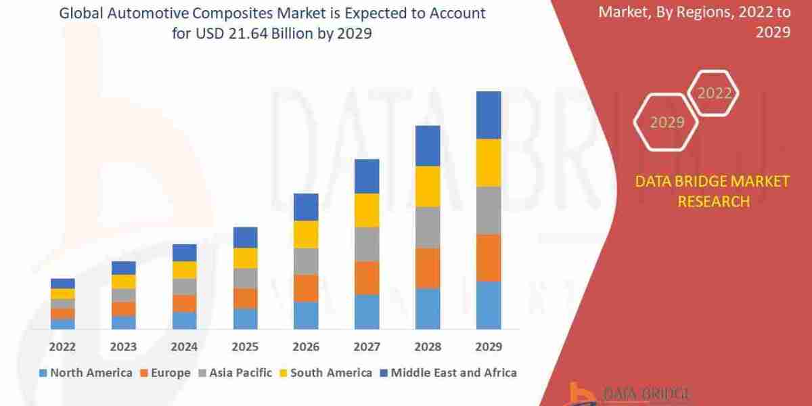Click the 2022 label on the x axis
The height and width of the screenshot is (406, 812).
[63, 347]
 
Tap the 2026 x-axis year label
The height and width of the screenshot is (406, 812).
[306, 347]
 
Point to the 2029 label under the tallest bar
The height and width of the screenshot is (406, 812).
[489, 347]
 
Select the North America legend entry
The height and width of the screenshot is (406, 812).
[86, 373]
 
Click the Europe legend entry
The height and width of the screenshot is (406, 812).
[166, 373]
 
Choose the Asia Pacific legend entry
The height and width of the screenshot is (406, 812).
[235, 373]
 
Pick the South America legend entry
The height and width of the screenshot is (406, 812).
[325, 373]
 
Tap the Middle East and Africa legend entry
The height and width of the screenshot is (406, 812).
[448, 373]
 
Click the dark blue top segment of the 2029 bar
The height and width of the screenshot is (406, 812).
[489, 115]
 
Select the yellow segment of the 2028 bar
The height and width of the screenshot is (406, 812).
[428, 186]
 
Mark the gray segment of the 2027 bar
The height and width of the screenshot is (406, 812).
[367, 244]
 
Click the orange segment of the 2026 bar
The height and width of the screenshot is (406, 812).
[306, 288]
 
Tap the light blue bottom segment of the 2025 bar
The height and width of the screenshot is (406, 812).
[245, 319]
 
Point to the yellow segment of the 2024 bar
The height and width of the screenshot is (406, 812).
[184, 270]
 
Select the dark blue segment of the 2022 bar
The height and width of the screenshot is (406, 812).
[63, 284]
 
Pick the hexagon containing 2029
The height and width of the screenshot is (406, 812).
[667, 122]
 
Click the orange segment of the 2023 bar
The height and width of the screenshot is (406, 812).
[124, 309]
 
